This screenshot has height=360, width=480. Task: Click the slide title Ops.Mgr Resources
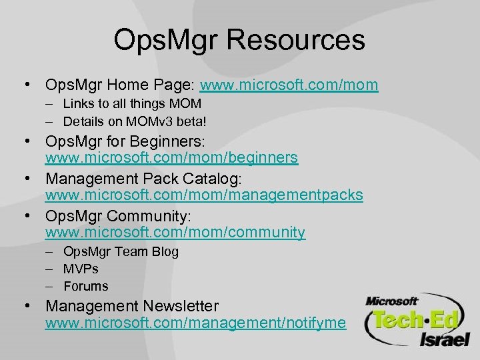pyautogui.click(x=239, y=39)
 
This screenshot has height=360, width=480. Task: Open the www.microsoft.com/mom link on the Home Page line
pyautogui.click(x=289, y=85)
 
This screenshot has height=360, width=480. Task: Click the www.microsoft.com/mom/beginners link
pyautogui.click(x=171, y=158)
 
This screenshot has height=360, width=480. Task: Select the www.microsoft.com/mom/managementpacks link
pyautogui.click(x=203, y=195)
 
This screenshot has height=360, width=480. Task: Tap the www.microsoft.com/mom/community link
pyautogui.click(x=175, y=233)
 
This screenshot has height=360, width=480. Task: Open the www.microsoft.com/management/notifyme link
pyautogui.click(x=195, y=323)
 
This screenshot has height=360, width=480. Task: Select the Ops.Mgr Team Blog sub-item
pyautogui.click(x=121, y=252)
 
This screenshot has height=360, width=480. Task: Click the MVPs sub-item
pyautogui.click(x=81, y=269)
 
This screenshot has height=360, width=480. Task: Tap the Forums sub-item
pyautogui.click(x=85, y=286)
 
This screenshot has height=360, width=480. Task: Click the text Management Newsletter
pyautogui.click(x=131, y=306)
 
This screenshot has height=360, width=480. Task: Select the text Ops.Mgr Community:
pyautogui.click(x=118, y=216)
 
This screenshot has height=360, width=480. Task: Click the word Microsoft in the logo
pyautogui.click(x=391, y=301)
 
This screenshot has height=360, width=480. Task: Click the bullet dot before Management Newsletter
pyautogui.click(x=26, y=306)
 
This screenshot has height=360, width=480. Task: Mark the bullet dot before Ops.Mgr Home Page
pyautogui.click(x=26, y=85)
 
